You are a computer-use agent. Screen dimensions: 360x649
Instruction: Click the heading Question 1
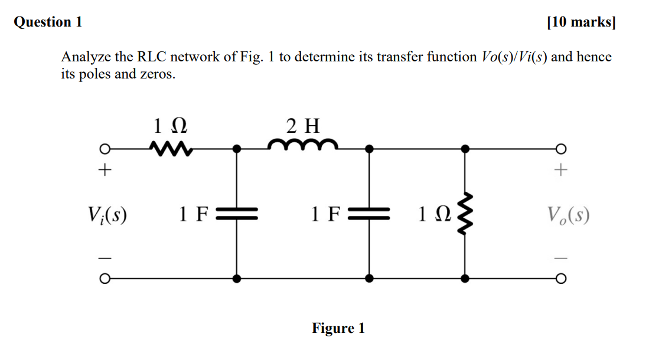[48, 22]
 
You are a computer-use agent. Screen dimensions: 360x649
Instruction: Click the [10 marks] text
[581, 22]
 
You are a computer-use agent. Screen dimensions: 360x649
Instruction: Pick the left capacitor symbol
[237, 213]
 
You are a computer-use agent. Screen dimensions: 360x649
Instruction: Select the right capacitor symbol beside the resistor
[370, 213]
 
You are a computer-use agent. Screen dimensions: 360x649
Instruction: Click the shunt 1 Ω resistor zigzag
[465, 213]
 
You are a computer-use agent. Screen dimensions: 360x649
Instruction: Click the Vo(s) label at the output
[568, 214]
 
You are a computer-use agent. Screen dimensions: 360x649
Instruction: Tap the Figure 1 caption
[338, 328]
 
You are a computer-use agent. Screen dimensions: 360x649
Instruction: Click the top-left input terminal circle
[104, 149]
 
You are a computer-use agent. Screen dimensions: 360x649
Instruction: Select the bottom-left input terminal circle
[104, 278]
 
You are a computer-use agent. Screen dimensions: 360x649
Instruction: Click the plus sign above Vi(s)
[104, 171]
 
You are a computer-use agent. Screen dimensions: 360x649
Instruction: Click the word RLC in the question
[153, 57]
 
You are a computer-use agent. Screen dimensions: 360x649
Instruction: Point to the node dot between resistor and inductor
[237, 149]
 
